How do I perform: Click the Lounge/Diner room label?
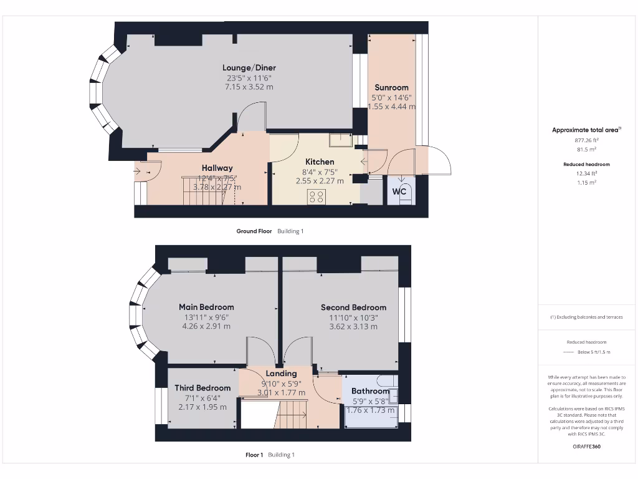coord(249,68)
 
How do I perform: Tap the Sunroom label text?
coord(391,87)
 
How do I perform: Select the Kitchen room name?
coord(320,162)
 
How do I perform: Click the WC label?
coord(399,192)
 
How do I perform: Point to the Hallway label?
coord(217,168)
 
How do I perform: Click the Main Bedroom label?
coord(206,307)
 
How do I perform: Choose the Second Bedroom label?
coord(353,307)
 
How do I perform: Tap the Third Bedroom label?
coord(202,388)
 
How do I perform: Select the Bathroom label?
coord(370,391)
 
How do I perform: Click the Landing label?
coord(282,374)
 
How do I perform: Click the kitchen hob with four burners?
coord(317,197)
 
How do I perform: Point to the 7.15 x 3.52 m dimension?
coord(249,87)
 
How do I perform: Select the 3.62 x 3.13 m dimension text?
coord(353,326)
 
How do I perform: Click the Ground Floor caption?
coord(254,231)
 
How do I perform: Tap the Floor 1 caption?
coord(254,455)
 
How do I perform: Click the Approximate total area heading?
coord(586,130)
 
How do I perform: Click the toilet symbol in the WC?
coord(401,200)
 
